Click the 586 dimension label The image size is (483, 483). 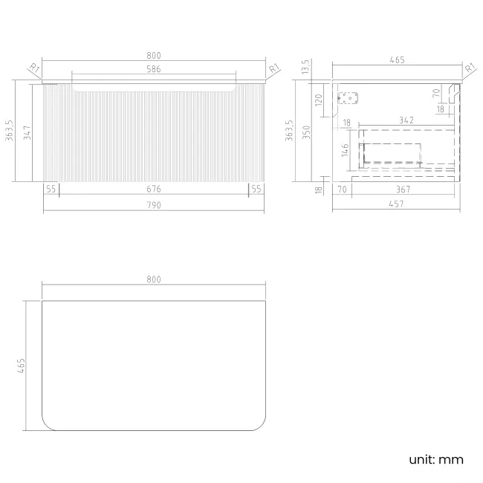(x=153, y=69)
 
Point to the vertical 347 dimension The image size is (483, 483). (x=27, y=132)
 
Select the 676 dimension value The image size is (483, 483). (x=153, y=189)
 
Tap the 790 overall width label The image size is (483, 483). (x=153, y=205)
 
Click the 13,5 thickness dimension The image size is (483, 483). (x=305, y=67)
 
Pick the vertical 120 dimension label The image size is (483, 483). (x=319, y=100)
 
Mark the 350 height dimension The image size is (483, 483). (x=306, y=132)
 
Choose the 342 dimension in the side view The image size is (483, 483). (x=406, y=120)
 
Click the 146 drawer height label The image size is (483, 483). (x=345, y=150)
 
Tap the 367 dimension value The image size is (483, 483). (x=403, y=189)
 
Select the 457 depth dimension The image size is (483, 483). (x=396, y=204)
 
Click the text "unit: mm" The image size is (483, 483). (x=436, y=459)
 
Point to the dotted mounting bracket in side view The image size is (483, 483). (x=348, y=98)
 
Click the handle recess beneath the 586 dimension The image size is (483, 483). (x=154, y=88)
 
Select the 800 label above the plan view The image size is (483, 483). (x=153, y=279)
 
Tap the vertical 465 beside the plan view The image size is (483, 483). (x=21, y=366)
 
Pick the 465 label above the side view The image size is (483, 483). (x=397, y=59)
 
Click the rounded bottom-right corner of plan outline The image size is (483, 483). (x=261, y=425)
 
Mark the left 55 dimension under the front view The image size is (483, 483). (x=51, y=189)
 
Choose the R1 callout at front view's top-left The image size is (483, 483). (x=34, y=68)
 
